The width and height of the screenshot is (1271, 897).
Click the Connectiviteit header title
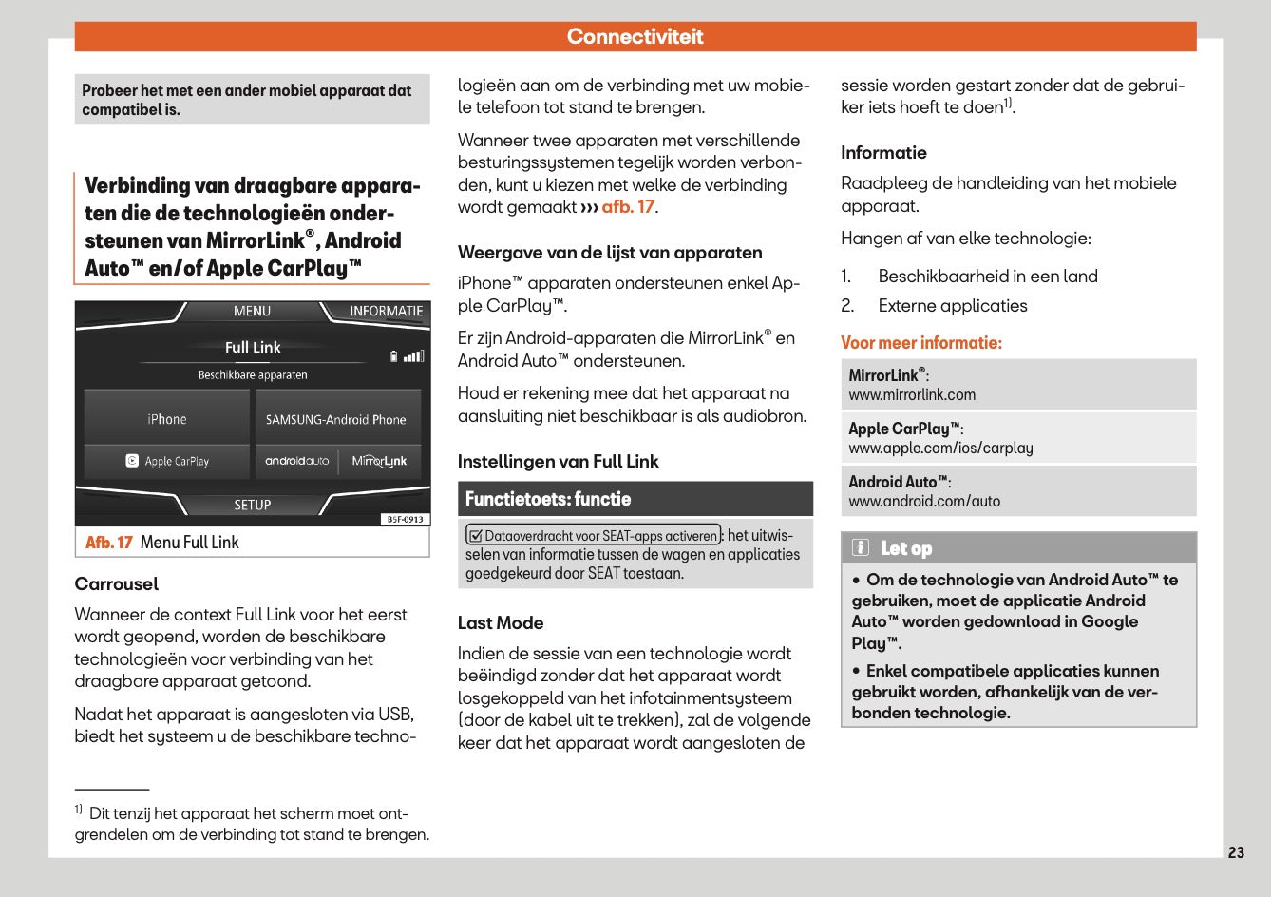click(635, 36)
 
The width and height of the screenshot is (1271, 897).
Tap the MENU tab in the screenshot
click(252, 311)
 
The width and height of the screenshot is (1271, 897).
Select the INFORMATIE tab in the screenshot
click(386, 311)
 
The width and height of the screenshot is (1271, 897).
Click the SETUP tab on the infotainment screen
click(253, 505)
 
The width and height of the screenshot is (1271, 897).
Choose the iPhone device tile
click(167, 419)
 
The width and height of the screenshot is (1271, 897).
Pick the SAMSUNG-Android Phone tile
click(335, 419)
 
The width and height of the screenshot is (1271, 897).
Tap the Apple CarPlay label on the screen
click(177, 461)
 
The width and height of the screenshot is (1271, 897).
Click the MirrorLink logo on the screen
click(379, 461)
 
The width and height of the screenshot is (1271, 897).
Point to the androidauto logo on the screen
click(296, 461)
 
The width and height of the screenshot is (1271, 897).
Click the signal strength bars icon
click(413, 357)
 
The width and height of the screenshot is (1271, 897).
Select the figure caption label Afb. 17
click(108, 543)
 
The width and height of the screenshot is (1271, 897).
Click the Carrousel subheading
click(117, 583)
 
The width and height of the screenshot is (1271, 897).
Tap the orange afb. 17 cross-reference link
click(628, 206)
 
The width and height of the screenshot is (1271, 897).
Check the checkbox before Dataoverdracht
click(476, 536)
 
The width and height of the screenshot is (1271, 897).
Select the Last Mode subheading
click(501, 622)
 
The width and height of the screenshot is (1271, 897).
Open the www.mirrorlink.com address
click(912, 394)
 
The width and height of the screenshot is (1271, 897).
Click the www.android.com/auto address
click(924, 501)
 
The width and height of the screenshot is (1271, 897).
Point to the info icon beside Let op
click(861, 547)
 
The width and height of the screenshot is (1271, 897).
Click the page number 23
click(1236, 852)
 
